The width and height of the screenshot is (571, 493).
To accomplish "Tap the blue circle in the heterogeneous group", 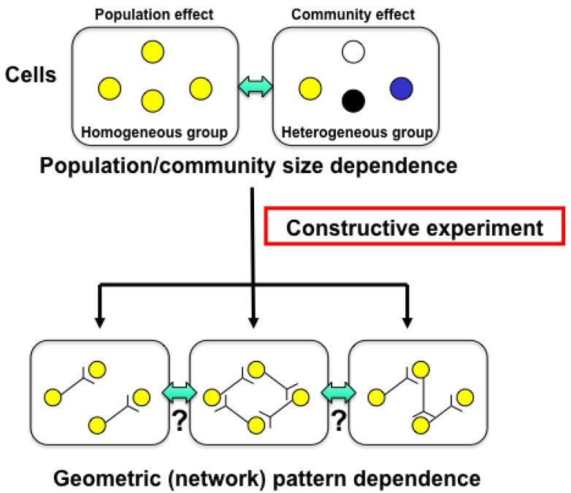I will click(x=402, y=88).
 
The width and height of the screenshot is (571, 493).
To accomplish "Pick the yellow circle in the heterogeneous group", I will click(x=310, y=89).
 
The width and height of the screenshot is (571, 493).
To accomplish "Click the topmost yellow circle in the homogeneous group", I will click(x=153, y=51).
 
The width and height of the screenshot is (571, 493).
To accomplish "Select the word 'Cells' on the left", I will click(x=31, y=75).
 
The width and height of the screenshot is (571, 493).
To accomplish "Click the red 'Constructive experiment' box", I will click(x=415, y=228).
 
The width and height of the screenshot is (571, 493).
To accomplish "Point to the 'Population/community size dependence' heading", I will click(x=249, y=166).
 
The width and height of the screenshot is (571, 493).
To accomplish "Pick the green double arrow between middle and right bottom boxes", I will click(x=340, y=394).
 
